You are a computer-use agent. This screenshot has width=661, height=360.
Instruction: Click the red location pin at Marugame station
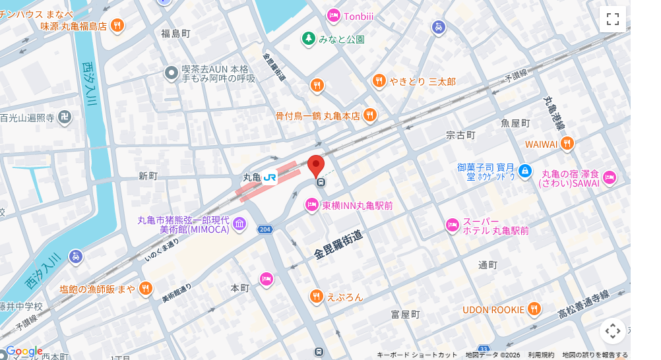(316, 165)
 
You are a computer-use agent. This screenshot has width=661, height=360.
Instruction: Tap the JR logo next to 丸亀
(270, 177)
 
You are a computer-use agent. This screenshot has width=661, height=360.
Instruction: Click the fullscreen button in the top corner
(612, 18)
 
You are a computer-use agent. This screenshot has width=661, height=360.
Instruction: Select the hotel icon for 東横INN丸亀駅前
(313, 206)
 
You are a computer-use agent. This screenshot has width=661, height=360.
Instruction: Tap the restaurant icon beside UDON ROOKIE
(534, 309)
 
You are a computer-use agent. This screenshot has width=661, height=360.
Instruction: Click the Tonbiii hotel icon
(334, 15)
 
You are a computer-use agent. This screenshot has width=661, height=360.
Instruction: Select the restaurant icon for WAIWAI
(567, 144)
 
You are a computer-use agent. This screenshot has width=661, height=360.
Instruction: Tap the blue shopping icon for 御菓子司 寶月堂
(524, 171)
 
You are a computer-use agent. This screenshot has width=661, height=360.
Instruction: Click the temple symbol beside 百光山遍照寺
(64, 118)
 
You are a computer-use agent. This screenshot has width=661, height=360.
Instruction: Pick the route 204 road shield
(265, 229)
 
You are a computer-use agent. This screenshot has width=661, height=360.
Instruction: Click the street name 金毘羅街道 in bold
(338, 244)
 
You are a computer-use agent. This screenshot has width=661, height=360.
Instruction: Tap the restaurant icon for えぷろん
(317, 297)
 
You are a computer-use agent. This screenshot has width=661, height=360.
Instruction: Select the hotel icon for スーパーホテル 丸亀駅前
(452, 225)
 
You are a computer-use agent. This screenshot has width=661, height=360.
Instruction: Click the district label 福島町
(175, 33)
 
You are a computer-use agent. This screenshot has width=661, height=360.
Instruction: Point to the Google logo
(24, 351)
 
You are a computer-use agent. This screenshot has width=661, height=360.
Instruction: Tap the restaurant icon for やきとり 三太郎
(379, 81)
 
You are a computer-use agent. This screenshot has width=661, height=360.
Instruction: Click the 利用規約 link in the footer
(541, 355)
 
